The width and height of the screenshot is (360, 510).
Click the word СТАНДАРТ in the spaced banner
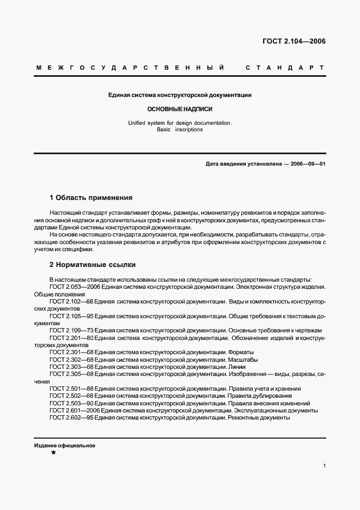click(285, 68)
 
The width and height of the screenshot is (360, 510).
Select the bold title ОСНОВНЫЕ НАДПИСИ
click(179, 109)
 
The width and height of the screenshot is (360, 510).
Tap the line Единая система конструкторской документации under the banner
click(179, 95)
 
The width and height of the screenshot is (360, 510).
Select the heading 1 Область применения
click(91, 198)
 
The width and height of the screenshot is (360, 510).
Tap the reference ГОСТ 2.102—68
click(69, 301)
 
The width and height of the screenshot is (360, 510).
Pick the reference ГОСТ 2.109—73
click(69, 330)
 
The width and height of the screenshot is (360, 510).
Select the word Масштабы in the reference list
click(243, 360)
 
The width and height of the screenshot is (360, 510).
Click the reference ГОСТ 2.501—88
click(69, 389)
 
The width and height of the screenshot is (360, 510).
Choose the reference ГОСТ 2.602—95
click(69, 418)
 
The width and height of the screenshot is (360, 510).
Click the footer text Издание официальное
click(65, 446)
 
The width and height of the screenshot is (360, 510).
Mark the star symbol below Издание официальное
click(53, 453)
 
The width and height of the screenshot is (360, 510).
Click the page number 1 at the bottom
click(324, 466)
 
